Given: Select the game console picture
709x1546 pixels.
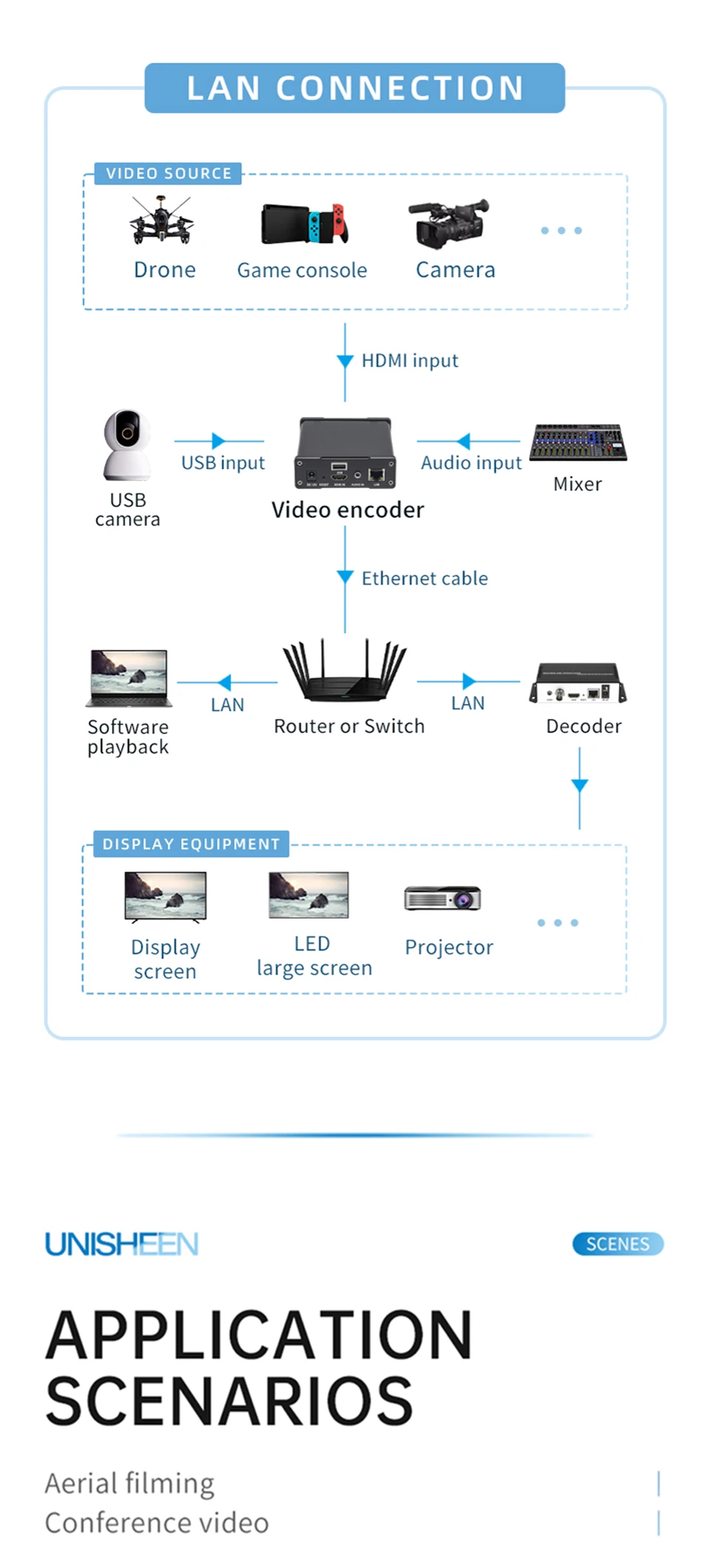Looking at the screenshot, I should (304, 223).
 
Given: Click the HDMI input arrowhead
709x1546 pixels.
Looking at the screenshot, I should (345, 361).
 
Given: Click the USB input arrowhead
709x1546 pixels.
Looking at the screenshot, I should (218, 441).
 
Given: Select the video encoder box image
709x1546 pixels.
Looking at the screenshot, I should (345, 454).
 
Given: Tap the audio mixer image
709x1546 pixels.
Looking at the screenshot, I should (578, 442).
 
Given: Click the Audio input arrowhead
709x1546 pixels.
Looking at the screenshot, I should (464, 441).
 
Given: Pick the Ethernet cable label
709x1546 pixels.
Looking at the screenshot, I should (425, 579).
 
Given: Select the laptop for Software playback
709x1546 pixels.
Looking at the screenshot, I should (129, 678).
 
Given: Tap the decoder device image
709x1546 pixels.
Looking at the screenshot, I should (578, 683).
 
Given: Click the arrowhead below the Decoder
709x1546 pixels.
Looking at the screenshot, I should (580, 786).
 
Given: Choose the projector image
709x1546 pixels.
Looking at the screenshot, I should (442, 898).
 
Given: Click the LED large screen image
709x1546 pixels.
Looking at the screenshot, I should (309, 895).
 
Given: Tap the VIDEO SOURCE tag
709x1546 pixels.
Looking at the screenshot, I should (168, 173).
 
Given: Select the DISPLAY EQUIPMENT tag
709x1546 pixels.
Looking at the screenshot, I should (191, 844).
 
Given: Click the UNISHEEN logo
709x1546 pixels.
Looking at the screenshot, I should (122, 1244).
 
